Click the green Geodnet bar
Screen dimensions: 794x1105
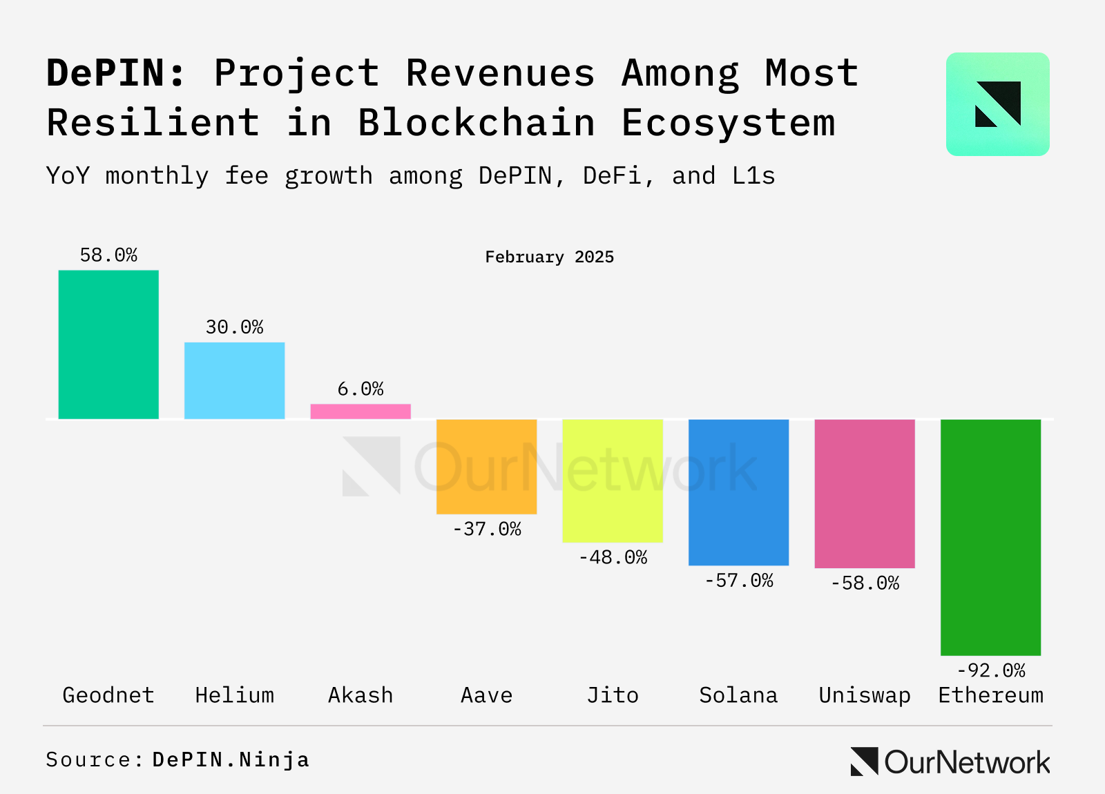(108, 344)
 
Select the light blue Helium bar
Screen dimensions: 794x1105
(234, 380)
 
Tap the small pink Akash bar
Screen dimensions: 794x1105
(361, 411)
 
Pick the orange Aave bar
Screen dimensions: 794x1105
(486, 467)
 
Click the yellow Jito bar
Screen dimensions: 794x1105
(613, 481)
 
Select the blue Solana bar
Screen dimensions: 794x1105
(738, 492)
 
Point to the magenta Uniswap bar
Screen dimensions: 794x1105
(865, 494)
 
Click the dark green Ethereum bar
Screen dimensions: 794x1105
(990, 537)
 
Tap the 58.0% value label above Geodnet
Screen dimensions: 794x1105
(108, 255)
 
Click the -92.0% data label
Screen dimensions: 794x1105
(990, 670)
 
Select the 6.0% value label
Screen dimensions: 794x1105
(361, 389)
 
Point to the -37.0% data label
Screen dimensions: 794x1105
(486, 530)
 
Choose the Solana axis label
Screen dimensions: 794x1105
(738, 695)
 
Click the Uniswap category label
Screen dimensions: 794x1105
(865, 695)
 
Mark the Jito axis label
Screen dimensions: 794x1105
(613, 695)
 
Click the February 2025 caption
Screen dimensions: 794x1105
(549, 258)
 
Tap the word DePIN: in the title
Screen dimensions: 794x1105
(116, 73)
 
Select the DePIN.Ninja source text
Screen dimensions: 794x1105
(231, 760)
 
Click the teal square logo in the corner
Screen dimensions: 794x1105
(997, 104)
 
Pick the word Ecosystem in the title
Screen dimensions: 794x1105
(729, 123)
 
